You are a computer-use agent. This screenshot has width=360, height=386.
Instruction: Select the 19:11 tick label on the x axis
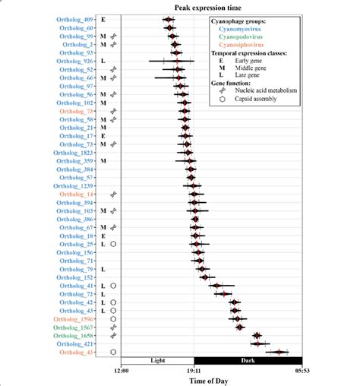193,372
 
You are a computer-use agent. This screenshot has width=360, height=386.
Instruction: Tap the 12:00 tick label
122,372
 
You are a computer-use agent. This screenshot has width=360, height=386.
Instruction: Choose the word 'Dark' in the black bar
247,360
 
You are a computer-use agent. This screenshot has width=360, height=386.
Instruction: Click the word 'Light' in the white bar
157,360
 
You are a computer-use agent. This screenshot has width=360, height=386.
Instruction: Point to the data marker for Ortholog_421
259,343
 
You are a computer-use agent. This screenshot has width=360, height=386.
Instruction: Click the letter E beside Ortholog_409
103,18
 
